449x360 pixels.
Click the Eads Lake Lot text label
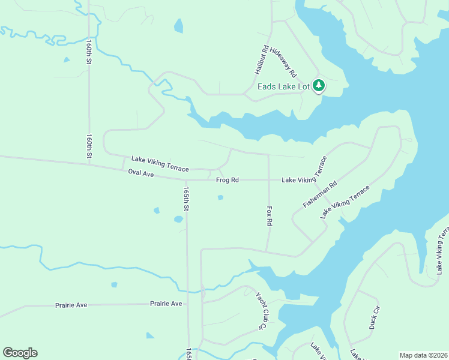[283, 87]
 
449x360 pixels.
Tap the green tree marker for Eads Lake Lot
[319, 86]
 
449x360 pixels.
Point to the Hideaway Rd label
[283, 62]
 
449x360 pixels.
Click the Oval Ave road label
[141, 173]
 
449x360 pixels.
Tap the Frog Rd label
[228, 180]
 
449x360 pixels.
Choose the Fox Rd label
[270, 216]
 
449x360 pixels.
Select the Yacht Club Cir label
[261, 310]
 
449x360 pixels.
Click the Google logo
[20, 353]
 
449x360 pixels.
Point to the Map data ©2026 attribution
[423, 355]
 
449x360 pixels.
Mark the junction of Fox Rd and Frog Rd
[268, 179]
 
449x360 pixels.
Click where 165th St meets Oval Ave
[186, 179]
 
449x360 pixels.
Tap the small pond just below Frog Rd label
[220, 197]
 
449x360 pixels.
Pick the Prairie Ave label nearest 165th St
[166, 304]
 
